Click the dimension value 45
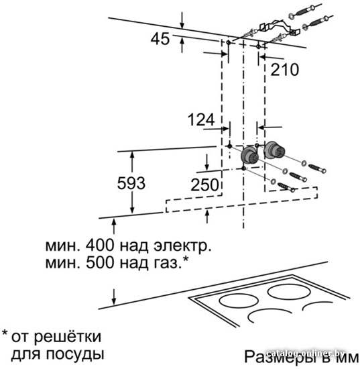coord(160,39)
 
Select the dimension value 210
coord(284,69)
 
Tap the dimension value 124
coord(201,119)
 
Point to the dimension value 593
coord(131,183)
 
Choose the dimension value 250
coord(204,184)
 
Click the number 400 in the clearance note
coord(100,245)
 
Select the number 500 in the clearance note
coord(100,262)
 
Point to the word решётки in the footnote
coord(68,337)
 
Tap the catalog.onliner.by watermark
coord(306,353)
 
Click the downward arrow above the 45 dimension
coord(182,19)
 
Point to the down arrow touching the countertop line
coord(114,297)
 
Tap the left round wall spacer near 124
coord(249,156)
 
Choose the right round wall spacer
coord(274,150)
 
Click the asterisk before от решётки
coord(5,333)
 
